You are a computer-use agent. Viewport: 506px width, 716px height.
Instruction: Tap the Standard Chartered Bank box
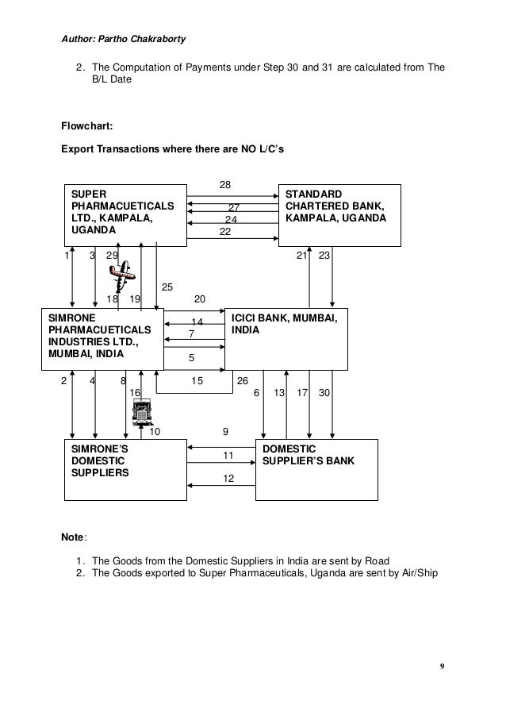pos(339,213)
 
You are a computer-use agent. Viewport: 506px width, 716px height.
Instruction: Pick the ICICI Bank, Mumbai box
pos(286,337)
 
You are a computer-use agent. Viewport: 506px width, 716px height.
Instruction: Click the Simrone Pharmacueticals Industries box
pos(102,338)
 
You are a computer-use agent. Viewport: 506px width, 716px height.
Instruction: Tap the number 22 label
pos(225,231)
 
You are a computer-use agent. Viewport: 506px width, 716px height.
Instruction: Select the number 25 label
pos(167,287)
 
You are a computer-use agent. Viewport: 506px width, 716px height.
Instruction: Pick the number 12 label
pos(228,479)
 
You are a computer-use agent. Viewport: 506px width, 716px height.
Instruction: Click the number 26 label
pos(243,380)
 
